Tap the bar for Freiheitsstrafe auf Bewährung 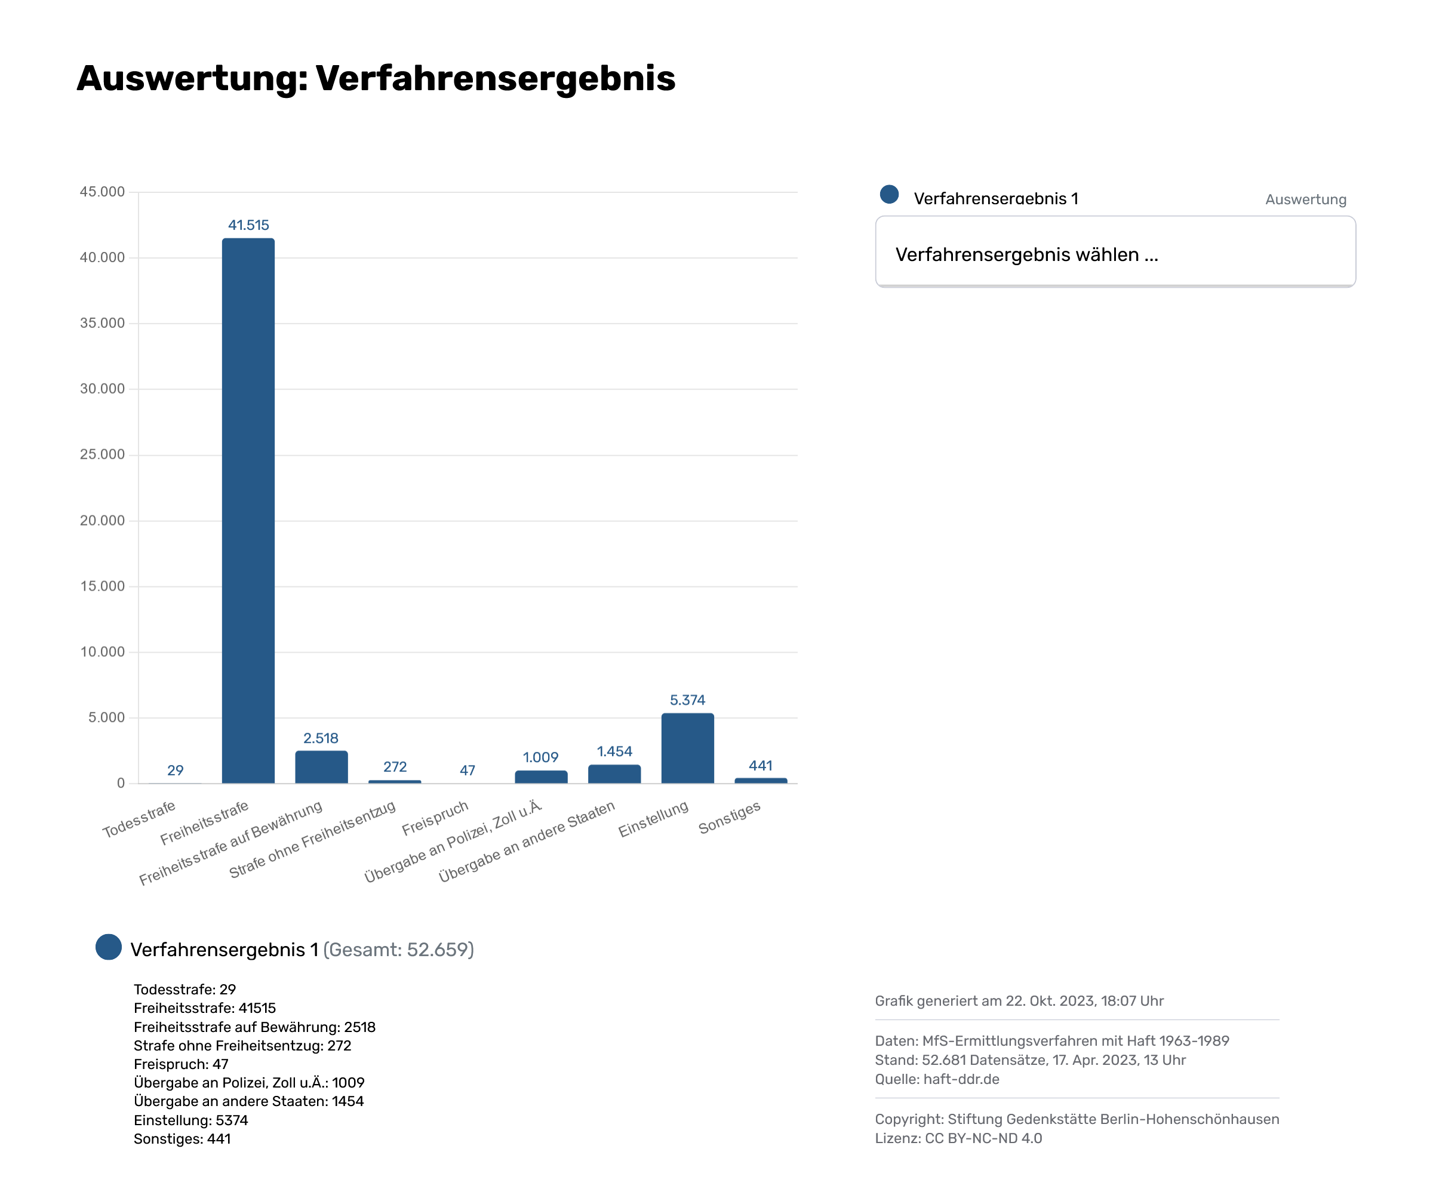pyautogui.click(x=321, y=767)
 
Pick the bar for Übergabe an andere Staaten pyautogui.click(x=614, y=774)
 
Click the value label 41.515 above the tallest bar pyautogui.click(x=248, y=225)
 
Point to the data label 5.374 pyautogui.click(x=687, y=701)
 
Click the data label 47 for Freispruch pyautogui.click(x=468, y=770)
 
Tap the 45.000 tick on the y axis pyautogui.click(x=102, y=192)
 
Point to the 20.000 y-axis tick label pyautogui.click(x=102, y=521)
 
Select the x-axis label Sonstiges pyautogui.click(x=730, y=818)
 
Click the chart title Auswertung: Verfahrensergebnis pyautogui.click(x=376, y=78)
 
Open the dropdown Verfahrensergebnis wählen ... pyautogui.click(x=1115, y=254)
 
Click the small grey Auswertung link pyautogui.click(x=1305, y=199)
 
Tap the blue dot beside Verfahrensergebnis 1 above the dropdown pyautogui.click(x=889, y=195)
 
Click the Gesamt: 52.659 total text pyautogui.click(x=398, y=950)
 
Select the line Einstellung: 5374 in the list pyautogui.click(x=191, y=1120)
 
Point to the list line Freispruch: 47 pyautogui.click(x=181, y=1064)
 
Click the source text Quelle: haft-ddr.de pyautogui.click(x=937, y=1079)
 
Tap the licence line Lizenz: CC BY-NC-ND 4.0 pyautogui.click(x=958, y=1138)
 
